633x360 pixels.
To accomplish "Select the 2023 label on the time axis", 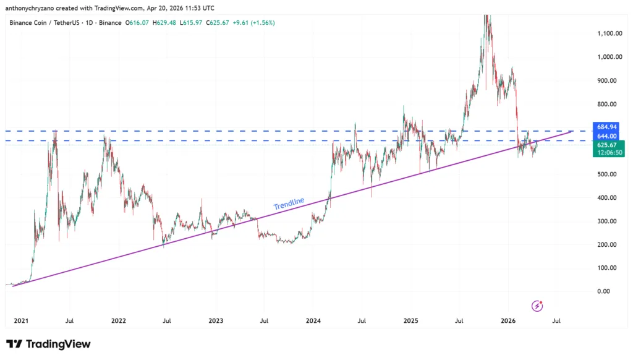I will [216, 321].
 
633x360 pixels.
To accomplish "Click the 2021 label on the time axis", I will [20, 321].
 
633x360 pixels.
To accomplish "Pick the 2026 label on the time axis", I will [508, 321].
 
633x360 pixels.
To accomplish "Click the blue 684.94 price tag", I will [607, 127].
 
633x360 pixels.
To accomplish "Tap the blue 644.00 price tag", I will [607, 135].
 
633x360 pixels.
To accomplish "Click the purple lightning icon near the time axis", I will [537, 306].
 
